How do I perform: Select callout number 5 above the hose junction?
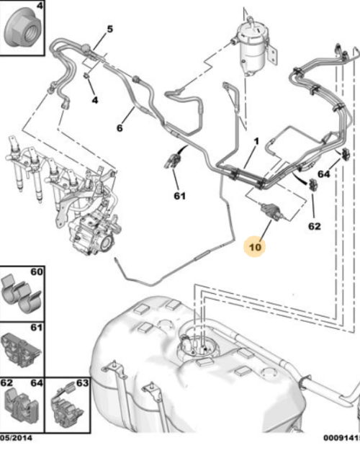(109, 30)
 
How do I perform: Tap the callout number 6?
(120, 128)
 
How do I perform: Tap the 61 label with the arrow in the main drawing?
(179, 195)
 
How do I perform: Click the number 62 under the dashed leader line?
(314, 226)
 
